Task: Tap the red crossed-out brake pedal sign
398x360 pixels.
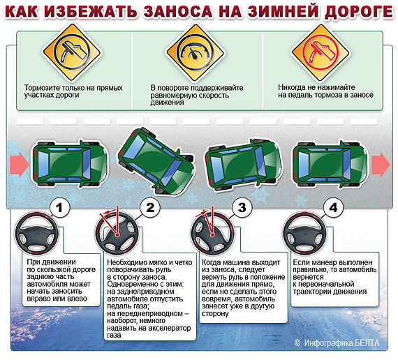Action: (x=320, y=53)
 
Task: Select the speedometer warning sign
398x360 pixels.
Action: (x=195, y=53)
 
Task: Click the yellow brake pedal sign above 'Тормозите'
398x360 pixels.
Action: (x=72, y=53)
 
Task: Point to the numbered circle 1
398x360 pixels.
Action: (x=59, y=208)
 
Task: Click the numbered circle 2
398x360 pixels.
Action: (x=150, y=208)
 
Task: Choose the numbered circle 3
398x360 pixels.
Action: (x=242, y=208)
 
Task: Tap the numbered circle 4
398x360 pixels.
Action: (x=333, y=208)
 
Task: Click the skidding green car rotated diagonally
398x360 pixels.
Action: (x=156, y=161)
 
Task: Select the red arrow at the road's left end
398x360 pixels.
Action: (x=20, y=165)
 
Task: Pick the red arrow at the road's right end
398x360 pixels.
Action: (x=381, y=165)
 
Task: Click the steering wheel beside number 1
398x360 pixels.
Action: (x=37, y=234)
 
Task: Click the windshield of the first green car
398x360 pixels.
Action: (x=87, y=164)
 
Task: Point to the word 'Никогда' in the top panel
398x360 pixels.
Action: (x=292, y=87)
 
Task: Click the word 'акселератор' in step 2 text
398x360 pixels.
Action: (x=169, y=328)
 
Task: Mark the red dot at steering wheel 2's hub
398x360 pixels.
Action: (x=117, y=235)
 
